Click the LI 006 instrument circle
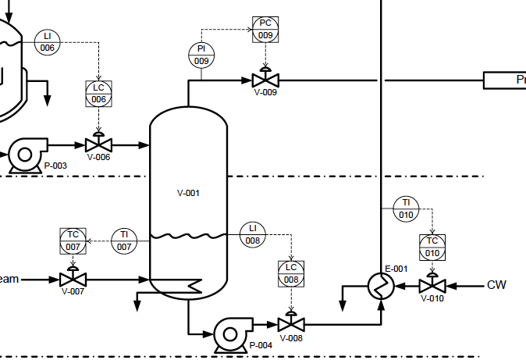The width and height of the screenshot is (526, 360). [x=48, y=42]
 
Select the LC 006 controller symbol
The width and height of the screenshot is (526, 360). [x=98, y=94]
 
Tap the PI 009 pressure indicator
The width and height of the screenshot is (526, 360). [x=201, y=55]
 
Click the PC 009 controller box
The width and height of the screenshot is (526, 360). [x=265, y=29]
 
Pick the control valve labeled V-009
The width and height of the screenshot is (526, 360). [x=265, y=80]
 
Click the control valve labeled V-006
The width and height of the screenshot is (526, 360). [x=98, y=144]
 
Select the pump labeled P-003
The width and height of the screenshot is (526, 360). [x=26, y=155]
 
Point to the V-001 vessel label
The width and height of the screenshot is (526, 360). [x=188, y=192]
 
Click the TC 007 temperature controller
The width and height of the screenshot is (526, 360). [x=73, y=241]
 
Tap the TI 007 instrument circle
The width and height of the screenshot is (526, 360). [x=124, y=241]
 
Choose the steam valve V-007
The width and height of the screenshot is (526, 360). [x=73, y=279]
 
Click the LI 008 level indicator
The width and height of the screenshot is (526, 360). [x=252, y=233]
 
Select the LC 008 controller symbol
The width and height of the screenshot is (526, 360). [x=291, y=273]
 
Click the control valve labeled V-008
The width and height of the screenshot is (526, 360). [x=291, y=323]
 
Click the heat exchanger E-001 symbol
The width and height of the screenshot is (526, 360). [x=381, y=287]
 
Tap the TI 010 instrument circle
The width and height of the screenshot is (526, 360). [x=406, y=209]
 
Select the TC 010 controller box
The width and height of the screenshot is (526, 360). [x=432, y=248]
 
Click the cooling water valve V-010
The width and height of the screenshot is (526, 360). [x=432, y=286]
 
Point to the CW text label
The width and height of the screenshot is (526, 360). [x=496, y=285]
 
